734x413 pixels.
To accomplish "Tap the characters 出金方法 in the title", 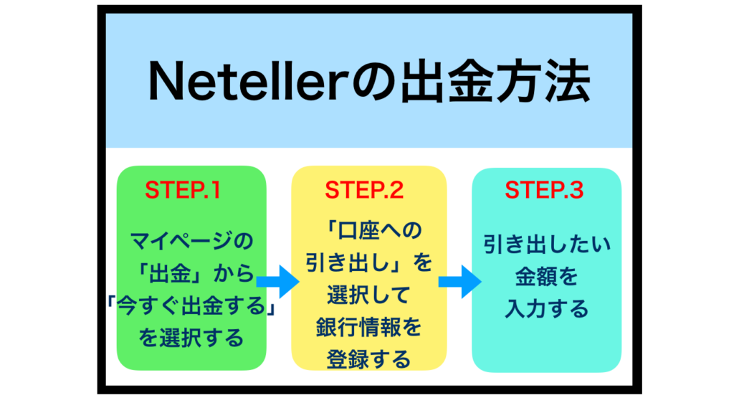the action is pyautogui.click(x=495, y=82).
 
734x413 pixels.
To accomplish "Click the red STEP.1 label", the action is pyautogui.click(x=183, y=190).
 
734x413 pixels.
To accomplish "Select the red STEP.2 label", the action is pyautogui.click(x=364, y=190).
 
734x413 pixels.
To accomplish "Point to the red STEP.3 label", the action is pyautogui.click(x=544, y=190).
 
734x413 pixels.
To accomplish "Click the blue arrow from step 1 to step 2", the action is pyautogui.click(x=278, y=281).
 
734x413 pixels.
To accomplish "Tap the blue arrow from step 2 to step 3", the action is pyautogui.click(x=460, y=281).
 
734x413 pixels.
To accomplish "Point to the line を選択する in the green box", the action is pyautogui.click(x=191, y=338).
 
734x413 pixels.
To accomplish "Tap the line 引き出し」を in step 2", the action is pyautogui.click(x=369, y=262).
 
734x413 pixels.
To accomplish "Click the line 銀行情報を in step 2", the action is pyautogui.click(x=369, y=327).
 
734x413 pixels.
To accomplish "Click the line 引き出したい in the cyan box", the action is pyautogui.click(x=547, y=245).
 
